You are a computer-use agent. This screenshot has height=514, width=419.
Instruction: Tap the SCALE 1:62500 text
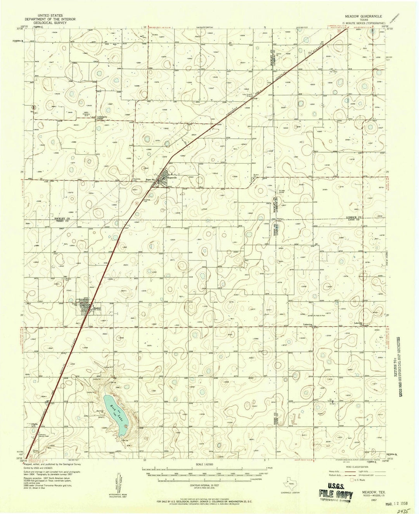coord(204,465)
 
